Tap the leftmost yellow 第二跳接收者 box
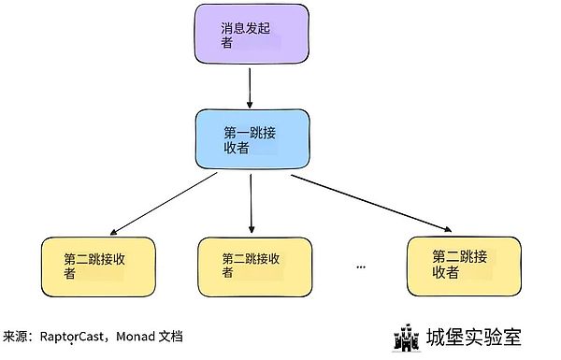(x=98, y=266)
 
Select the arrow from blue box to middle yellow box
(x=252, y=201)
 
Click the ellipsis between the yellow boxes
(x=361, y=266)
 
